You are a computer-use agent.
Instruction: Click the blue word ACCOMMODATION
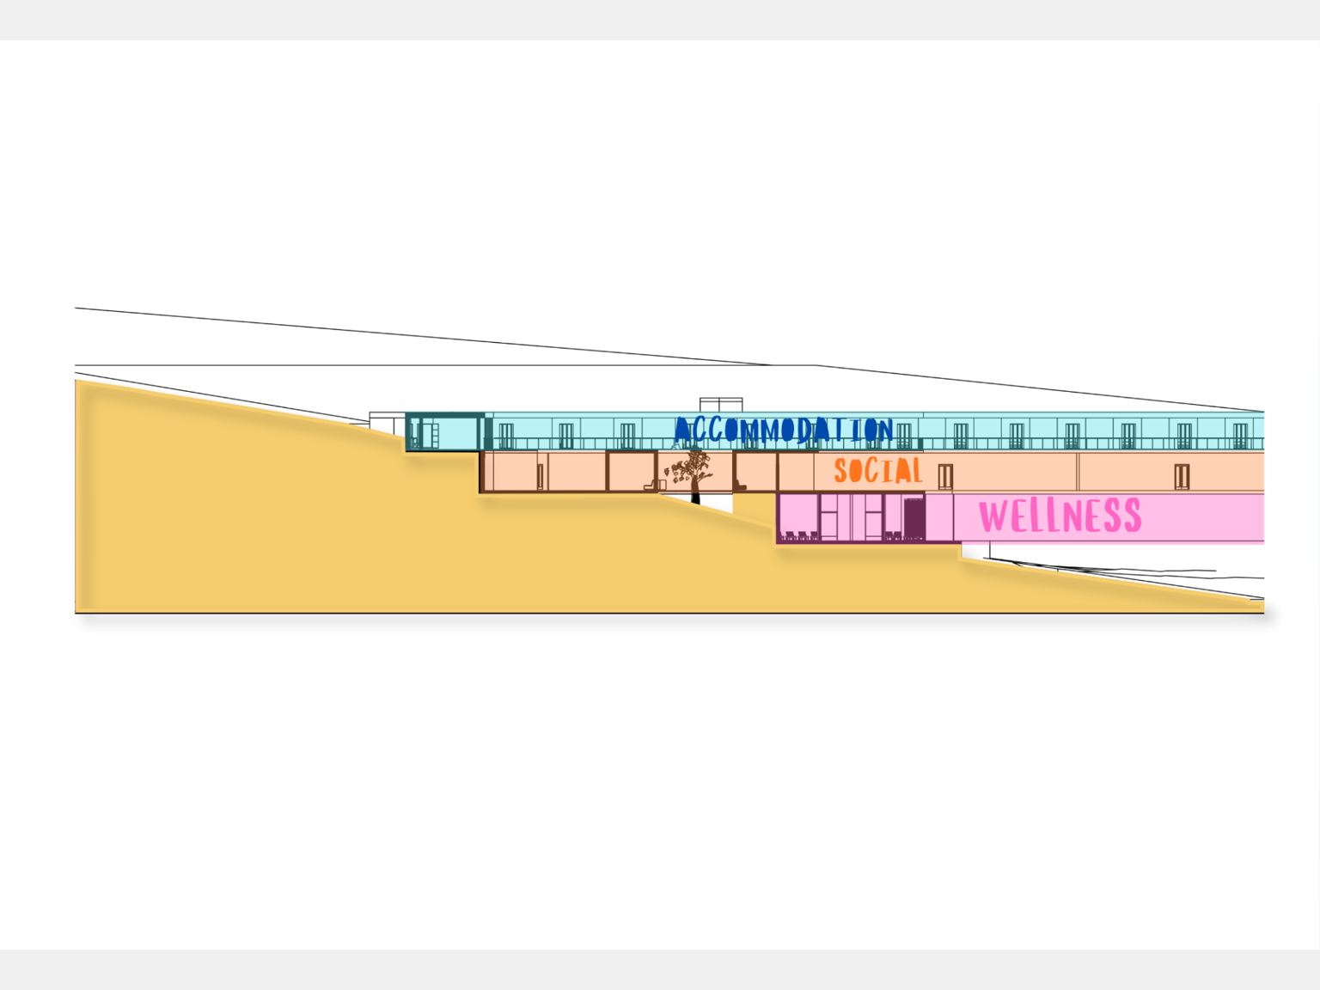click(x=784, y=430)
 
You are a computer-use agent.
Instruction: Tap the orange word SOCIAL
click(x=878, y=470)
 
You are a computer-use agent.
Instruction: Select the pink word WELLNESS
click(x=1060, y=515)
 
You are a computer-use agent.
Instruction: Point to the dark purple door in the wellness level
click(x=914, y=519)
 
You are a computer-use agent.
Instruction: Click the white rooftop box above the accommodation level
click(x=721, y=405)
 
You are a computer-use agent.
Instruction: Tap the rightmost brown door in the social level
click(x=1182, y=477)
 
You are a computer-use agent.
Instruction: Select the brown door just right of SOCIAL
click(x=945, y=477)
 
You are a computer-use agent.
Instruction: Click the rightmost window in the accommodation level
click(x=1240, y=436)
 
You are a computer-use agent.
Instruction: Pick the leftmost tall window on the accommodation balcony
click(x=506, y=436)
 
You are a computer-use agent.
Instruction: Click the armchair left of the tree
click(x=651, y=484)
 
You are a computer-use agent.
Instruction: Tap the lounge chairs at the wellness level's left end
click(x=800, y=535)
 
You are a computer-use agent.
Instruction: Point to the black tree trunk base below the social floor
click(x=696, y=498)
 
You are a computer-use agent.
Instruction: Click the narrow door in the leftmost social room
click(x=540, y=477)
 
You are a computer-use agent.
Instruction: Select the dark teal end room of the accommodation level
click(x=445, y=431)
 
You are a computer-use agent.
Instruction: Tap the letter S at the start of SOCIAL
click(x=840, y=471)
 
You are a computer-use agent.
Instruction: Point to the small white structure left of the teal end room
click(x=387, y=423)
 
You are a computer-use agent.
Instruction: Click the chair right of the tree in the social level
click(x=740, y=485)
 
